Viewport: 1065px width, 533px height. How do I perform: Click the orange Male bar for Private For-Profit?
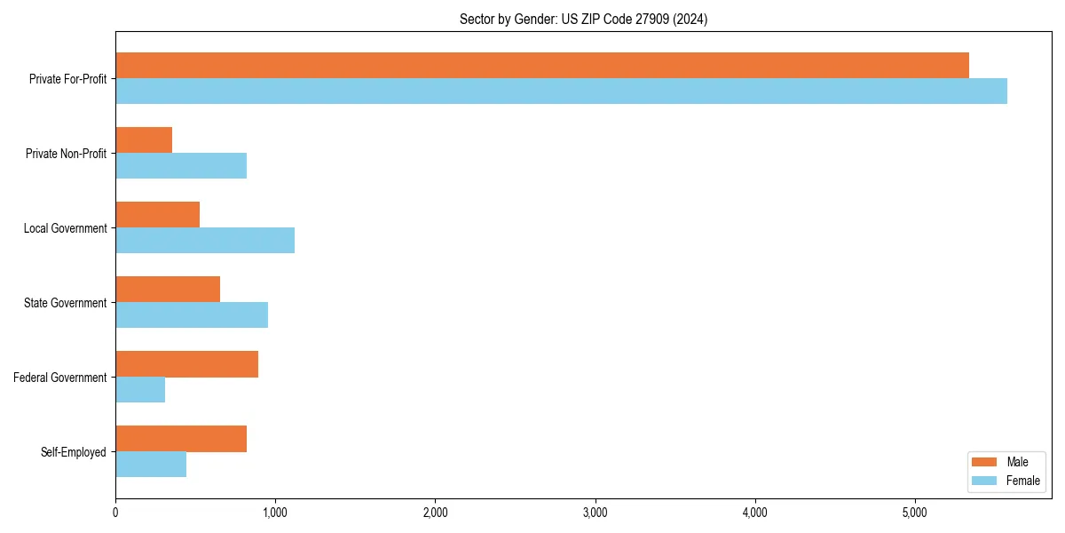541,65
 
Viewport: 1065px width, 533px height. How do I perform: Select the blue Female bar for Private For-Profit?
561,91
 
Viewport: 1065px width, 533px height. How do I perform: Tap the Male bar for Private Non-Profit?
144,140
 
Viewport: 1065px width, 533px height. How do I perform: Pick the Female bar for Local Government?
205,241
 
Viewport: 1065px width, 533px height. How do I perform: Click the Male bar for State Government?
168,290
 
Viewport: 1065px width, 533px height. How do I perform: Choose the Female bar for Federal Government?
140,390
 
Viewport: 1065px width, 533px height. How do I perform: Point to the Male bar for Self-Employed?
181,439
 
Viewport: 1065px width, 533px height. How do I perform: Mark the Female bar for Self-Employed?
151,465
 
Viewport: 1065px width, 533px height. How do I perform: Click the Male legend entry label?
1017,462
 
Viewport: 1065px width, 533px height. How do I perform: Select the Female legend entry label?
1022,481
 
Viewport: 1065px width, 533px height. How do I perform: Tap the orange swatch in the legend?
985,462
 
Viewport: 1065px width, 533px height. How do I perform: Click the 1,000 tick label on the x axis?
275,513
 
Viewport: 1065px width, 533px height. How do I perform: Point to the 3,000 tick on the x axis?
595,513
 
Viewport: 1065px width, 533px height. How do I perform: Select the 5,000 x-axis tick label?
914,513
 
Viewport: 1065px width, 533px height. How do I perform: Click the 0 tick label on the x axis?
115,513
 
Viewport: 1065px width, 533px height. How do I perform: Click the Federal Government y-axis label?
60,378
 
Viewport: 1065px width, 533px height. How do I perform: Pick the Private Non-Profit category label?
66,154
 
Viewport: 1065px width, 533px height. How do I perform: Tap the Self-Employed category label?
74,452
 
